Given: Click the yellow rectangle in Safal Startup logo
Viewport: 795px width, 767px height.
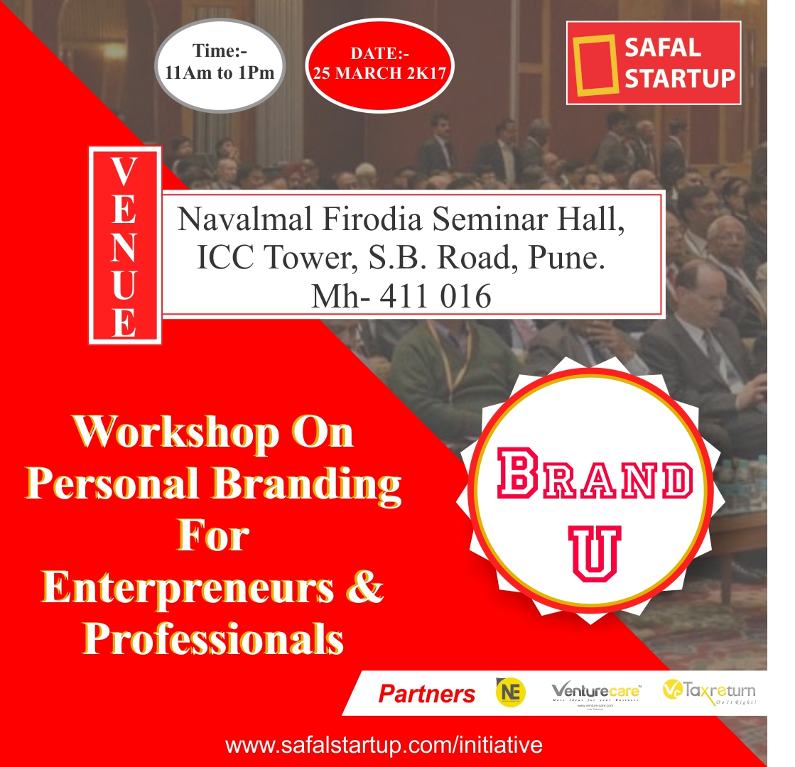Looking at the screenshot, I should tap(594, 65).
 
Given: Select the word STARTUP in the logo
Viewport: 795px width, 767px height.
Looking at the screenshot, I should tap(679, 78).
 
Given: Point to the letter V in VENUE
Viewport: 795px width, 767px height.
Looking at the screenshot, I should tap(124, 171).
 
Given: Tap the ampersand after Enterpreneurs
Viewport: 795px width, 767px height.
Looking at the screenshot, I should tap(367, 588).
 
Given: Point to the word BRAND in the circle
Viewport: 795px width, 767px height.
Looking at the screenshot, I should tap(594, 481).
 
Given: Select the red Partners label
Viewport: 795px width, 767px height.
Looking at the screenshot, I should tap(426, 693).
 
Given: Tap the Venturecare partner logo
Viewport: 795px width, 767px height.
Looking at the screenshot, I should tap(597, 692).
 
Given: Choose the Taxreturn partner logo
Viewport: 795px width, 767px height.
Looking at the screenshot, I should tap(708, 691).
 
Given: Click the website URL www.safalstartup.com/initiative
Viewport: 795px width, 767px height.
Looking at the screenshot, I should tap(384, 745).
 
